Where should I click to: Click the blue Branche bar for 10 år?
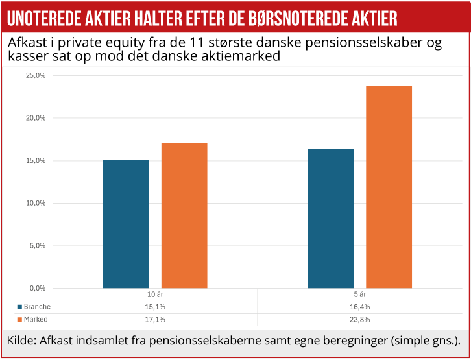pyautogui.click(x=126, y=224)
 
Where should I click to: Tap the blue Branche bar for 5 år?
pyautogui.click(x=331, y=219)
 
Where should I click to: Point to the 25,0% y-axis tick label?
pyautogui.click(x=35, y=75)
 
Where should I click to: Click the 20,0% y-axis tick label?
pyautogui.click(x=35, y=118)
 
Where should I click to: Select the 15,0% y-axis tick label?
pyautogui.click(x=35, y=161)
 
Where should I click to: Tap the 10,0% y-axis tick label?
pyautogui.click(x=35, y=203)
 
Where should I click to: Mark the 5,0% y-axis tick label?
pyautogui.click(x=36, y=246)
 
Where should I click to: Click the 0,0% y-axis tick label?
pyautogui.click(x=36, y=288)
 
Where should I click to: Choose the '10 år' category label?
pyautogui.click(x=155, y=295)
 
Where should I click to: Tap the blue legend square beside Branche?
pyautogui.click(x=19, y=307)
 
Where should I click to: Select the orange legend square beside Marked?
pyautogui.click(x=19, y=320)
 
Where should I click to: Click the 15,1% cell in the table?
pyautogui.click(x=155, y=307)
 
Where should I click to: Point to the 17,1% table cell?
pyautogui.click(x=155, y=320)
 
